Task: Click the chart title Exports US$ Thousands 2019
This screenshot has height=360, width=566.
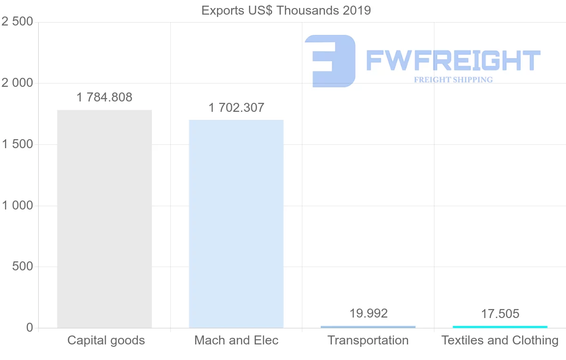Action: tap(286, 10)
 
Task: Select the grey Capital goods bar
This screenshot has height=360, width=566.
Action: tap(104, 219)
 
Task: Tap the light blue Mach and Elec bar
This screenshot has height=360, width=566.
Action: tap(236, 224)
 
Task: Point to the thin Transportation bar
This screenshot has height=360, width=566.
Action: tap(368, 327)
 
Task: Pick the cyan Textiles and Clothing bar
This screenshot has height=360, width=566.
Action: tap(500, 327)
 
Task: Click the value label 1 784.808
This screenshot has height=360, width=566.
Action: tap(104, 97)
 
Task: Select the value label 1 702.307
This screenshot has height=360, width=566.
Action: tap(236, 108)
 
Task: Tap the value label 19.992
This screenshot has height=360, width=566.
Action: tap(368, 313)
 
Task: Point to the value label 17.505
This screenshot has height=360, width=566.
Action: tap(500, 314)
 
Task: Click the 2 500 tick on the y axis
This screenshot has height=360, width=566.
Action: tap(17, 22)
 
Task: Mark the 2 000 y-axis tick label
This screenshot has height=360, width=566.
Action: tap(17, 83)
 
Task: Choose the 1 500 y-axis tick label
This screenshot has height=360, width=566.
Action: tap(17, 144)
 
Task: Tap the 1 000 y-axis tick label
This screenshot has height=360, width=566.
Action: tap(17, 206)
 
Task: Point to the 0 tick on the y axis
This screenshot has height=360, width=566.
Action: tap(29, 328)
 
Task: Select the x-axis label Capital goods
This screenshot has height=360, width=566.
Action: tap(106, 340)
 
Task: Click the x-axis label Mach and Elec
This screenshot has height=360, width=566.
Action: tap(236, 340)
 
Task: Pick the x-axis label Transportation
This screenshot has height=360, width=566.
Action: tap(368, 340)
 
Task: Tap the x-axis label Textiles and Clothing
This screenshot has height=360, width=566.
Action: tap(500, 340)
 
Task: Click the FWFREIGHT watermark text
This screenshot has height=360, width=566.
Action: tap(453, 60)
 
